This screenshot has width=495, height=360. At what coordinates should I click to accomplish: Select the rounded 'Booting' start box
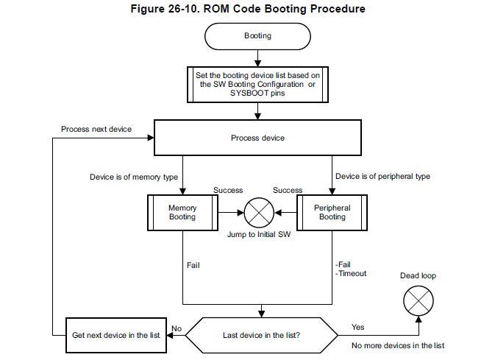tap(257, 35)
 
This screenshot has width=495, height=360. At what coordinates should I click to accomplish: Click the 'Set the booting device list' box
tap(257, 83)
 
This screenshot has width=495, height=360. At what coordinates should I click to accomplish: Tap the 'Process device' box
tap(257, 138)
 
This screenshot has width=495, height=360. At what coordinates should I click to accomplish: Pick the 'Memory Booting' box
tap(182, 212)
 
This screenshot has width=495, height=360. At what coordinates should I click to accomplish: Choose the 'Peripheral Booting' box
tap(332, 212)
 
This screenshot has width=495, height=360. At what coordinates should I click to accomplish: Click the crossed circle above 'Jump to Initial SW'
tap(257, 212)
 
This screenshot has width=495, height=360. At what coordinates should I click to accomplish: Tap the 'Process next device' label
tap(96, 130)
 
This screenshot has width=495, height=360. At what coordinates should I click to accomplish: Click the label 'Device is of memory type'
tap(133, 177)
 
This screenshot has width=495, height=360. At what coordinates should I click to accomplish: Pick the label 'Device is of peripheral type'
tap(382, 177)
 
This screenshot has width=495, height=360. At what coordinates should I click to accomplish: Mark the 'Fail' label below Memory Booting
tap(193, 264)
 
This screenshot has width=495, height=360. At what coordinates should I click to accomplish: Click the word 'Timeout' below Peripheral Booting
tap(352, 273)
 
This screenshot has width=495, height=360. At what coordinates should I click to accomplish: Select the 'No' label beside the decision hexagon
tap(177, 328)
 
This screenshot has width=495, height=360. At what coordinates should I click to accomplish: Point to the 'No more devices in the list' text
tap(398, 345)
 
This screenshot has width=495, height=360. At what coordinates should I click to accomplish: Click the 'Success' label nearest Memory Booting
tap(228, 190)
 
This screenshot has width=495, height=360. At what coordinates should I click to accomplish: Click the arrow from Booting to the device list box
tap(257, 56)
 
